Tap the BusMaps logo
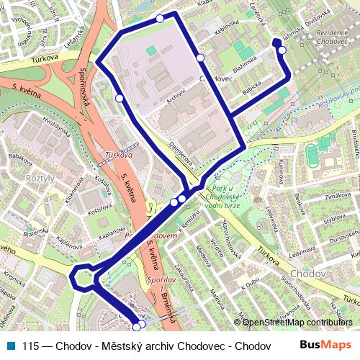pos(326,345)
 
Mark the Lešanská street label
pos(72,32)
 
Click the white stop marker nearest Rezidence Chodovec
pos(282,50)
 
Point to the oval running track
pos(312,154)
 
